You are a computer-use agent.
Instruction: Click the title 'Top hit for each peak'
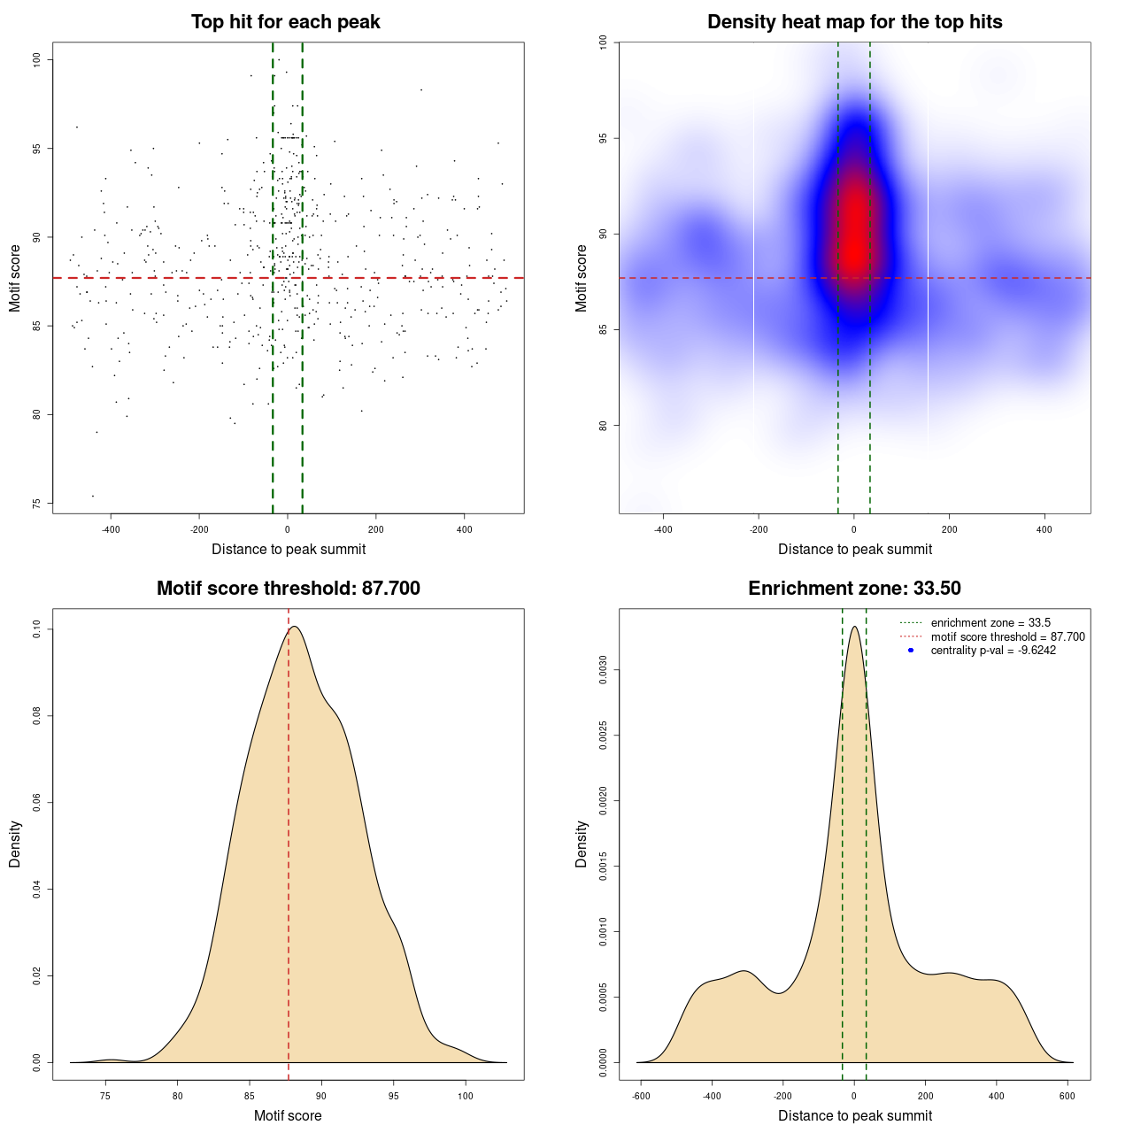[286, 22]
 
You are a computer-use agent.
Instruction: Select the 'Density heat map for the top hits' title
[854, 22]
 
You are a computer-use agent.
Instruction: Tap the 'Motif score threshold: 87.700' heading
[288, 589]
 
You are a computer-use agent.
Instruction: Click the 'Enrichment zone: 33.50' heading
[854, 589]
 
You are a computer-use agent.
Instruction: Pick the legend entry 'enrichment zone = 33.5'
[990, 623]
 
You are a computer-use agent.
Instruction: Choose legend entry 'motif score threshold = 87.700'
[1007, 636]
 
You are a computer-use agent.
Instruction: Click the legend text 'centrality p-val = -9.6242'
[993, 651]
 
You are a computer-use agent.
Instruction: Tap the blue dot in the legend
[911, 651]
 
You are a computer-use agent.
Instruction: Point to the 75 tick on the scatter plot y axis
[36, 504]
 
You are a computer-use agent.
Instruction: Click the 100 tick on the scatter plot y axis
[36, 59]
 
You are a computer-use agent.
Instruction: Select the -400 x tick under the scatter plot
[111, 530]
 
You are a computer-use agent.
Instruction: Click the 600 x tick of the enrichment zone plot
[1067, 1096]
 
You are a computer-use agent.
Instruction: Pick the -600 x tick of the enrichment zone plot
[641, 1096]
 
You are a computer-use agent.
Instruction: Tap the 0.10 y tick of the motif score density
[36, 629]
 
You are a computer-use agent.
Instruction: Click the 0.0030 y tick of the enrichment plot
[603, 671]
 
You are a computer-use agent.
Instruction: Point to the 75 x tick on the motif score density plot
[106, 1096]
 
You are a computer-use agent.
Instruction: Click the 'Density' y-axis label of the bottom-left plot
[15, 844]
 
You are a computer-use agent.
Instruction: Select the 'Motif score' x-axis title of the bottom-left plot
[288, 1115]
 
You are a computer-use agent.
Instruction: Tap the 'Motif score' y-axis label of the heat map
[582, 278]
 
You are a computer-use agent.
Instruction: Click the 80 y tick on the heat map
[603, 426]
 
